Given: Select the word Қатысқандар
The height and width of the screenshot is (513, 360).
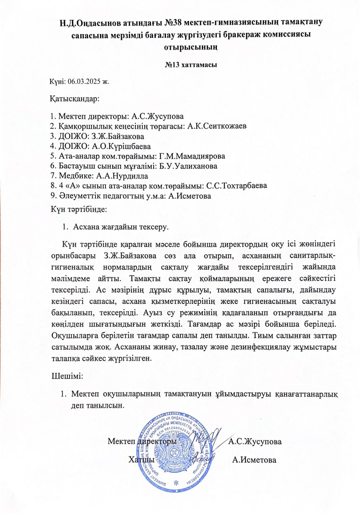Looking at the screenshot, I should (74, 98).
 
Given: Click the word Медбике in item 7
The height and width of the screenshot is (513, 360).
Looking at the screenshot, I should (76, 176).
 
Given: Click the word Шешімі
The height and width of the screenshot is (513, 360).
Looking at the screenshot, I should (68, 376).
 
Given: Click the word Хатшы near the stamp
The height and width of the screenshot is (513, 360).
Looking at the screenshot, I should (141, 460).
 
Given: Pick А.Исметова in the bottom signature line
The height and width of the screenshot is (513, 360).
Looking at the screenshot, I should (254, 460).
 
